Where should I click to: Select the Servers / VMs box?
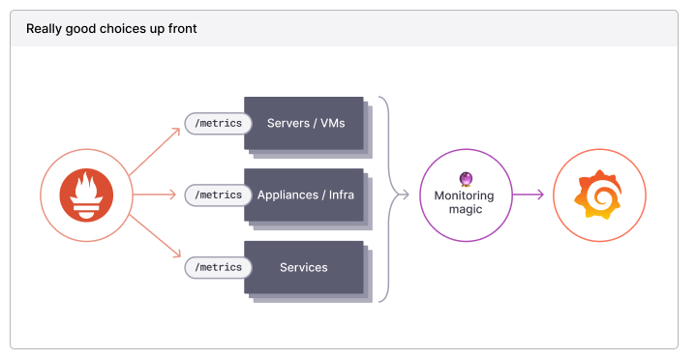tap(304, 123)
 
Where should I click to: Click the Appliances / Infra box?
tap(304, 195)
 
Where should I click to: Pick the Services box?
tap(304, 267)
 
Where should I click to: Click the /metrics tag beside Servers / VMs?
tap(218, 123)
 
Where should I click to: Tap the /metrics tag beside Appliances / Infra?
tap(218, 195)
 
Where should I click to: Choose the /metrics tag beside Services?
tap(218, 267)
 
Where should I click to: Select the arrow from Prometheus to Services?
tap(155, 237)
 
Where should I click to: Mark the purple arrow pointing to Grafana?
tap(529, 195)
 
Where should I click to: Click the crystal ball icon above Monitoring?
tap(465, 178)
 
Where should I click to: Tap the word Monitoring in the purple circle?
tap(464, 195)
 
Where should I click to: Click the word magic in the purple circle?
tap(464, 212)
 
